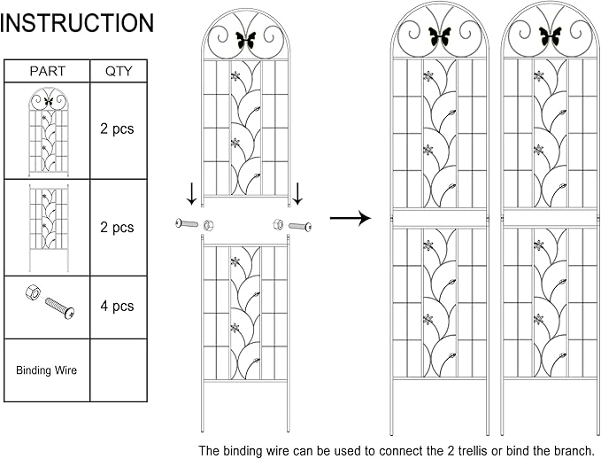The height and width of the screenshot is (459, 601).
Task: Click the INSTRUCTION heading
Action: (77, 23)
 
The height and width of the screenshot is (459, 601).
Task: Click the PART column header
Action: (48, 71)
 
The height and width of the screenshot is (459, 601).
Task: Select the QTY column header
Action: (119, 71)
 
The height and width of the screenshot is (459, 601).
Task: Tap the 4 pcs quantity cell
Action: (119, 307)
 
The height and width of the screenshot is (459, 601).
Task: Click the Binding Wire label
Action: (46, 370)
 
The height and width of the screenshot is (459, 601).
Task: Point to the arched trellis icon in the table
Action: (49, 132)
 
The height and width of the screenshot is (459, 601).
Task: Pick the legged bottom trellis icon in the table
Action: (49, 228)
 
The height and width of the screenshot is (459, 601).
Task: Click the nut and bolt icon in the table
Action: (50, 301)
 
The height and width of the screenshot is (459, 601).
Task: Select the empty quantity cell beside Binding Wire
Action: (119, 370)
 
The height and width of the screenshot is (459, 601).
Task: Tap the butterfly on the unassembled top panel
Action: (245, 40)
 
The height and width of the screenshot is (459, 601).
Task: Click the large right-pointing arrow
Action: (351, 218)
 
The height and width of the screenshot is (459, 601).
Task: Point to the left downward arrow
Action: (192, 194)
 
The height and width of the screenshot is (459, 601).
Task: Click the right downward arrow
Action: (297, 194)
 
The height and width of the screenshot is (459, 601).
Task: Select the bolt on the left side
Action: (187, 223)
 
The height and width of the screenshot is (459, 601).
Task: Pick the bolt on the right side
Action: (300, 226)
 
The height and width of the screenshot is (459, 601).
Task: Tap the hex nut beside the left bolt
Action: (208, 225)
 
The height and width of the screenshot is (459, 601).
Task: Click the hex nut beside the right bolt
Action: (278, 224)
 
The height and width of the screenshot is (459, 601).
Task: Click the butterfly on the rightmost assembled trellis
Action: (550, 35)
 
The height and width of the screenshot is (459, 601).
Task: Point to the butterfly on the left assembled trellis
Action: (440, 35)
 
